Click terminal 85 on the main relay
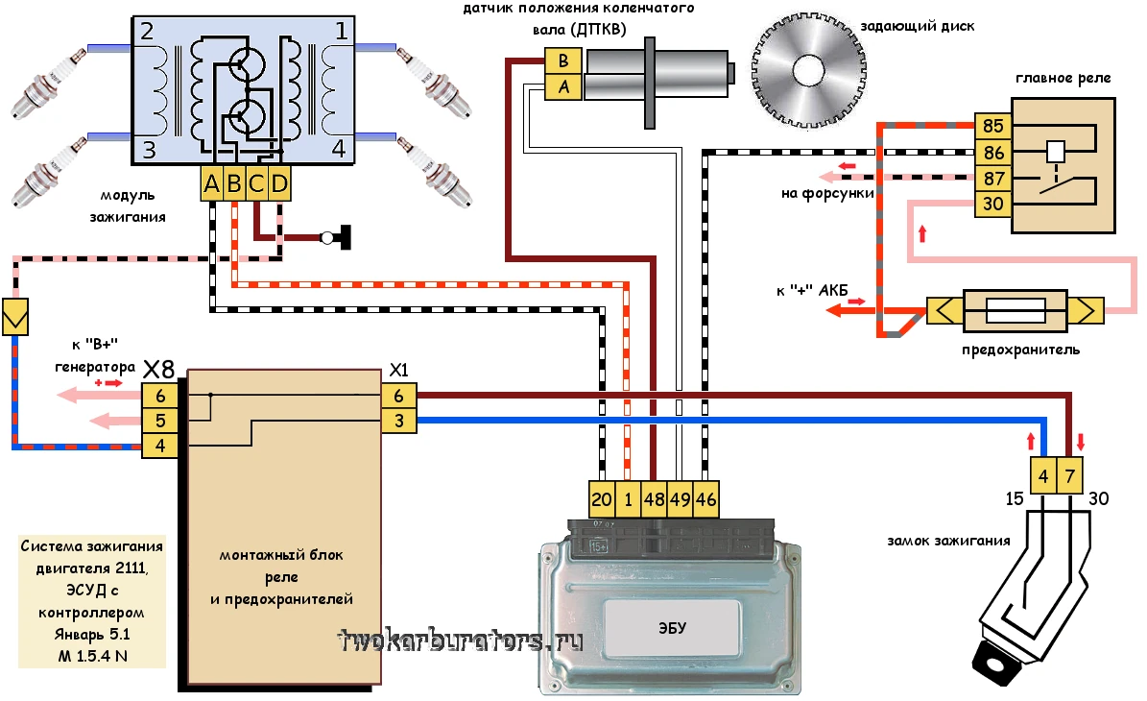click(x=993, y=127)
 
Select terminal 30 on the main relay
click(x=993, y=204)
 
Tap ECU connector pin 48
click(x=654, y=499)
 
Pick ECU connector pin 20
click(x=602, y=499)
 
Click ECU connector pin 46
click(x=705, y=499)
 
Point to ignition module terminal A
click(x=212, y=184)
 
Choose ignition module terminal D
click(x=278, y=184)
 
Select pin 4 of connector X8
click(x=160, y=445)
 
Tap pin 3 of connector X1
click(x=398, y=420)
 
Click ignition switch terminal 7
click(x=1070, y=473)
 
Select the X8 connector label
click(x=158, y=369)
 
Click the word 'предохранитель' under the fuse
click(x=1020, y=350)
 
